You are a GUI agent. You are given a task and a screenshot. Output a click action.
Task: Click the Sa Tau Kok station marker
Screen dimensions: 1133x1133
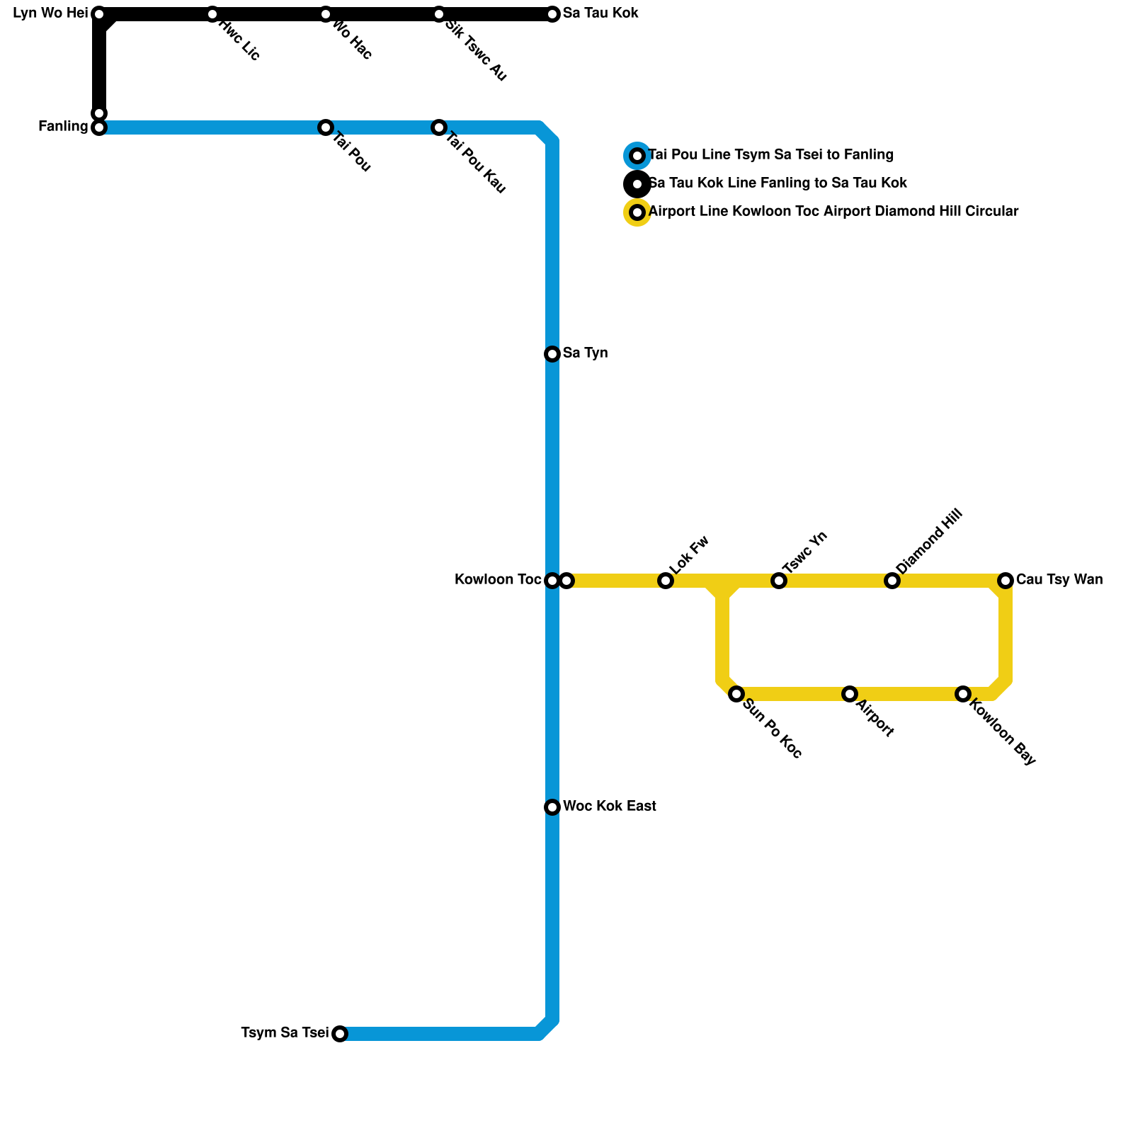(552, 14)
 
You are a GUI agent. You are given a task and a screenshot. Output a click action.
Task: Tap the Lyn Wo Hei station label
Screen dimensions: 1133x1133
(50, 13)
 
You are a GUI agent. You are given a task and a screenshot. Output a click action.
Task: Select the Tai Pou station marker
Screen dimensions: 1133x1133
(326, 127)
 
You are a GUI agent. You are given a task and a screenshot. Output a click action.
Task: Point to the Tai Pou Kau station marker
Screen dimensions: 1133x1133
(439, 127)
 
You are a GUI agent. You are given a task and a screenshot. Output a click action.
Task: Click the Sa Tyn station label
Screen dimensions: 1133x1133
(585, 353)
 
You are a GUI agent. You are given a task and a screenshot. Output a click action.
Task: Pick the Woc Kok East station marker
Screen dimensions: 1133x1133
(552, 807)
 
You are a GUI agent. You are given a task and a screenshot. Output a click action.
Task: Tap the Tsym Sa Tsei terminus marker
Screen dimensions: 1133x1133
(340, 1034)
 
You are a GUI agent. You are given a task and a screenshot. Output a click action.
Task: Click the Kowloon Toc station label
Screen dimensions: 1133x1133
(498, 580)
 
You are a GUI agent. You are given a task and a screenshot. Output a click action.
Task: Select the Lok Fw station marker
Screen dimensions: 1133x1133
(666, 581)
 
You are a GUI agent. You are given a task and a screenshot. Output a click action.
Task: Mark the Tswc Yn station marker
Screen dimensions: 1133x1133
(779, 581)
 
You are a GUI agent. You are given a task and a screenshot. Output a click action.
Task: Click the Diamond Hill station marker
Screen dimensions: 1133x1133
(892, 581)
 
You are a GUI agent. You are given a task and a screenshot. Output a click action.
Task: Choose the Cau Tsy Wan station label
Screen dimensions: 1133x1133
(1059, 580)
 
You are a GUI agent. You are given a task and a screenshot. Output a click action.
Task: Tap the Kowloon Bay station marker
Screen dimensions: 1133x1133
(963, 694)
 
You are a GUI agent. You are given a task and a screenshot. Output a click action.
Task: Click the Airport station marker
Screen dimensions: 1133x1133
(850, 694)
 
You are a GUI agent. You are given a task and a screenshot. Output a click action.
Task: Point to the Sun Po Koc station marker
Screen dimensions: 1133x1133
(736, 694)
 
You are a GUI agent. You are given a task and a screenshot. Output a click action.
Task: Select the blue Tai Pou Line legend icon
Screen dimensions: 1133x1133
(637, 156)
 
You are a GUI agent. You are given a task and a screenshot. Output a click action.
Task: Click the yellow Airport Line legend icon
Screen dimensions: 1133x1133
(637, 212)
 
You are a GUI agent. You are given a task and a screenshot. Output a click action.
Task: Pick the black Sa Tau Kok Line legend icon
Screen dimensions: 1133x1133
(637, 184)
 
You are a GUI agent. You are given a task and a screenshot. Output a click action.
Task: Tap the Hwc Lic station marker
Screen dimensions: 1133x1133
(212, 14)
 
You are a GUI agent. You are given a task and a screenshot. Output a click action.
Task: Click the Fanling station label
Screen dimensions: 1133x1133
(63, 127)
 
